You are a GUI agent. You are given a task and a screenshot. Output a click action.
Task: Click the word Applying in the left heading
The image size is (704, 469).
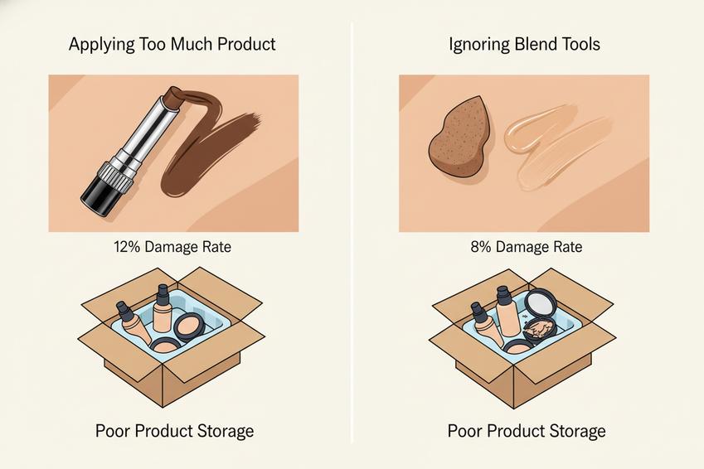click(x=101, y=45)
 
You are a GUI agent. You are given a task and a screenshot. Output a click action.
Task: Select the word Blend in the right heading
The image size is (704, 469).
click(x=536, y=44)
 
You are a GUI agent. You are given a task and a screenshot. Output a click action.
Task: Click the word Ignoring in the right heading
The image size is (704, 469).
click(x=479, y=45)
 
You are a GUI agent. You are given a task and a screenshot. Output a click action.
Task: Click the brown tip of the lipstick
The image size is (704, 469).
click(x=173, y=96)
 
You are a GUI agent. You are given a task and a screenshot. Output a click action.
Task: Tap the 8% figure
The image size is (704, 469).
click(x=481, y=247)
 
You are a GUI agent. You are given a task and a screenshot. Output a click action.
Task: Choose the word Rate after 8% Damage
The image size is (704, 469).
click(x=566, y=247)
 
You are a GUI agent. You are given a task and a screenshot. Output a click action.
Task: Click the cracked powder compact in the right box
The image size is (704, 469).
click(x=539, y=331)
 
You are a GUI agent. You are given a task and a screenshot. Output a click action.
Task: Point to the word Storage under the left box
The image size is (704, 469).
click(x=225, y=432)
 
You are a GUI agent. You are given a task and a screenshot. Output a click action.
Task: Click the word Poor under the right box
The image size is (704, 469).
click(x=464, y=431)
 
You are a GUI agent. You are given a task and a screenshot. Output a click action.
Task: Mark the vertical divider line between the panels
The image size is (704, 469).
click(x=352, y=234)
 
